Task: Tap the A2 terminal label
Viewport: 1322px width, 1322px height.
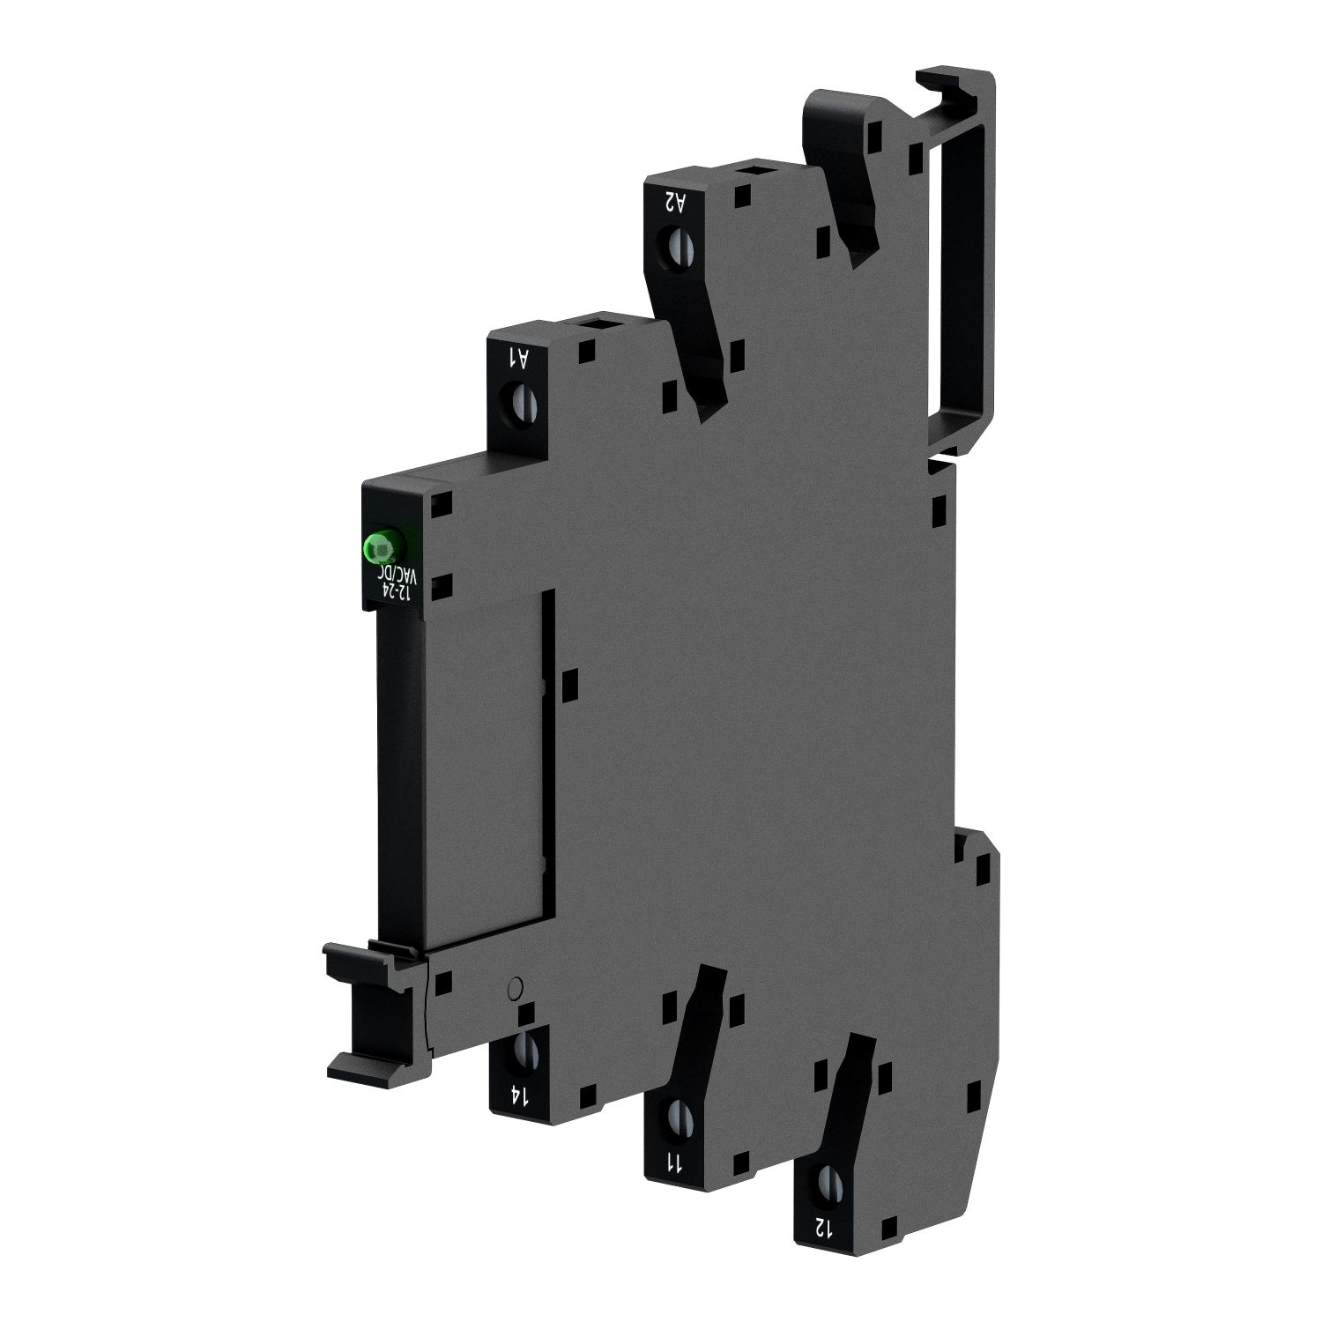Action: coord(675,202)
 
